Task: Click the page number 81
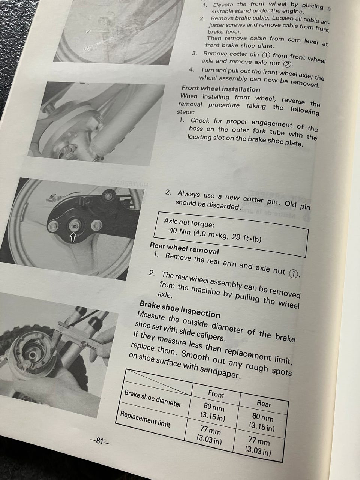99,441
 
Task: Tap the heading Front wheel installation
221,88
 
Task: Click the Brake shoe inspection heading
180,309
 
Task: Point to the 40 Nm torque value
180,231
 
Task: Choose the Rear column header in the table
264,403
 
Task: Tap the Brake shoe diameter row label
153,398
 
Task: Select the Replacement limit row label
145,419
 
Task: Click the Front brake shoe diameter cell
213,412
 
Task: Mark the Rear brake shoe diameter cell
262,422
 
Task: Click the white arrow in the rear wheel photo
73,237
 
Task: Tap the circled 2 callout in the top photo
88,31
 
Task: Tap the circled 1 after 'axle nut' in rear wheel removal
294,274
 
